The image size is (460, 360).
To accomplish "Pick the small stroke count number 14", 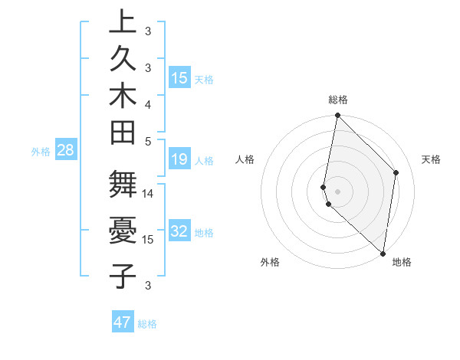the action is (x=148, y=194).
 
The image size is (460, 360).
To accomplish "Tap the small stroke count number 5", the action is (x=148, y=140).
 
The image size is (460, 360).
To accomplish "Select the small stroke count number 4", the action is (x=148, y=103).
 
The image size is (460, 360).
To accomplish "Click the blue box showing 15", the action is (x=179, y=78).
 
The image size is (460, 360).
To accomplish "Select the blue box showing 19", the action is (x=179, y=160).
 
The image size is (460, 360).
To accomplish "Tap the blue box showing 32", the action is (x=179, y=232).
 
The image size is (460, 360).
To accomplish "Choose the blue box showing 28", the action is (x=66, y=151).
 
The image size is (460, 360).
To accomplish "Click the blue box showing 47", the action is (x=123, y=322).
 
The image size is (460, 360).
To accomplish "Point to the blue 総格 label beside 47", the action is (x=147, y=324).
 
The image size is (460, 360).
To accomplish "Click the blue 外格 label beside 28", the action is (x=41, y=152).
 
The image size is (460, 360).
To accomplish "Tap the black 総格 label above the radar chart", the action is (x=338, y=100).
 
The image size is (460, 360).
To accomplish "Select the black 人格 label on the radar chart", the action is (x=245, y=159).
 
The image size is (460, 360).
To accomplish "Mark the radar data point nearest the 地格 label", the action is (x=383, y=254).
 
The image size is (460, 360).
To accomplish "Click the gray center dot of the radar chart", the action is (x=338, y=191).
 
